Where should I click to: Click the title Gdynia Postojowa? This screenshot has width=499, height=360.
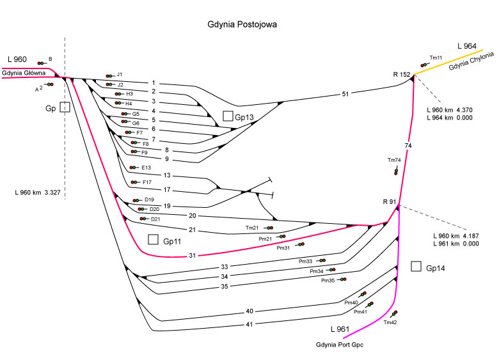tap(242, 25)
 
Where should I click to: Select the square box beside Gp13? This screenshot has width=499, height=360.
tap(228, 116)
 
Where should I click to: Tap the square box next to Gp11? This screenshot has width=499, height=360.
tap(152, 240)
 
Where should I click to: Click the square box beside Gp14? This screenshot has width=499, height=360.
tap(416, 266)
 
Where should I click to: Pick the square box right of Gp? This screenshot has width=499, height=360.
tap(64, 107)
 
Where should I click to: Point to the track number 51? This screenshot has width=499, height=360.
tap(345, 95)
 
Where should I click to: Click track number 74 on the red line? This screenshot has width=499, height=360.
tap(408, 146)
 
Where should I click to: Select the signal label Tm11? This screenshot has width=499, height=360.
tap(436, 58)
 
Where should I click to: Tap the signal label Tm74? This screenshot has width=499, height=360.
tap(394, 160)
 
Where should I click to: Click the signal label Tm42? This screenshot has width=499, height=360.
tap(390, 323)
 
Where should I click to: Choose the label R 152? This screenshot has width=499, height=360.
tap(401, 75)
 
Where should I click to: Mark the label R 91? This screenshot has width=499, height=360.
tap(390, 203)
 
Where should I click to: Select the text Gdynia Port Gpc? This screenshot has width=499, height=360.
tap(341, 345)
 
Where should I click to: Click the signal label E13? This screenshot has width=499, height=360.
tap(147, 168)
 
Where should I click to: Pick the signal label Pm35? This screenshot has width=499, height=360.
tap(328, 281)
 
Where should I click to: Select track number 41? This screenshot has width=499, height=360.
tap(250, 324)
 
